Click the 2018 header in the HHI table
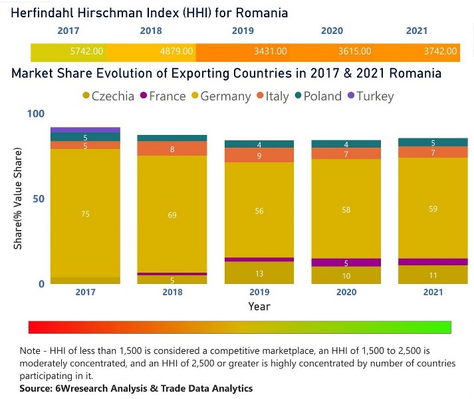point(151,31)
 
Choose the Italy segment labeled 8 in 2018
point(173,149)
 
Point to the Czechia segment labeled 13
point(259,273)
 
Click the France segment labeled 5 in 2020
point(346,263)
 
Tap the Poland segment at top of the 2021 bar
point(433,142)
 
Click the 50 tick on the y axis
point(39,199)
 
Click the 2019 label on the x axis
point(259,293)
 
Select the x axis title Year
point(259,307)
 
